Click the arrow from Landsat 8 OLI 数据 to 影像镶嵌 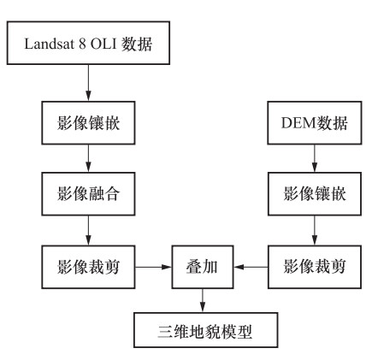pyautogui.click(x=88, y=83)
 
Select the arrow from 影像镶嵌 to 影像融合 pyautogui.click(x=88, y=158)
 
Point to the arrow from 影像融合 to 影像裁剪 pyautogui.click(x=88, y=230)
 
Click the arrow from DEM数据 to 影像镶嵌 pyautogui.click(x=315, y=158)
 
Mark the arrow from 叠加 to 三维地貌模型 pyautogui.click(x=203, y=301)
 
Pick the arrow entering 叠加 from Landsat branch pyautogui.click(x=153, y=267)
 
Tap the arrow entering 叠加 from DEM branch pyautogui.click(x=251, y=267)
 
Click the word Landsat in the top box pyautogui.click(x=50, y=44)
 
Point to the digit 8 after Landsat pyautogui.click(x=82, y=44)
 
